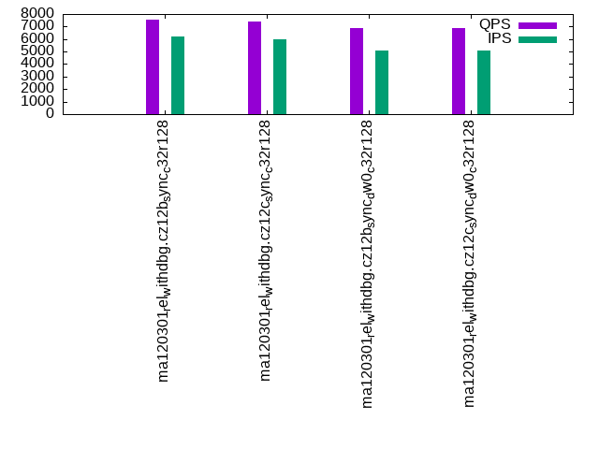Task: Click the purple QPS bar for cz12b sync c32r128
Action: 153,67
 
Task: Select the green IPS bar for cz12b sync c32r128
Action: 178,76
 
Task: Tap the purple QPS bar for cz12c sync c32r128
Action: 255,68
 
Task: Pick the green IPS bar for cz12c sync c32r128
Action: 280,77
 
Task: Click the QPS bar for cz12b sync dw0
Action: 357,71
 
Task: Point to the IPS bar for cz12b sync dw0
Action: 382,82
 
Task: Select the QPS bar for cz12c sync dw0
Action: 459,71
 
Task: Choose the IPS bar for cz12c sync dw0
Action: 484,82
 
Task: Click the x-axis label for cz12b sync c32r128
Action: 164,251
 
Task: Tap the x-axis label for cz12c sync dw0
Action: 470,263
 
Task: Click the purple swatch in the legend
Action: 537,25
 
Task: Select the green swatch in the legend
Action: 537,39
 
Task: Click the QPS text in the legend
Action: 495,24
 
